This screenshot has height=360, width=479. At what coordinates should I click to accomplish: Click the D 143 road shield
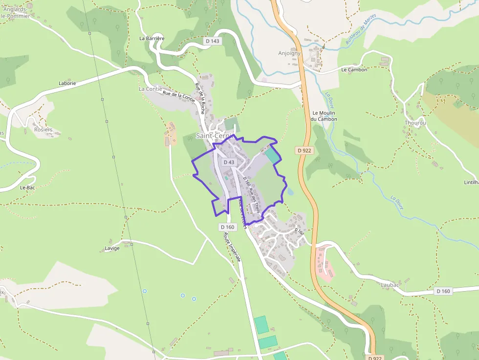click(x=213, y=42)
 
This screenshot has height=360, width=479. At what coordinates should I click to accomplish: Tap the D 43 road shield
click(x=229, y=162)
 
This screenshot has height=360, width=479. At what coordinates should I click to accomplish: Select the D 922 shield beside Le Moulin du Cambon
click(x=304, y=150)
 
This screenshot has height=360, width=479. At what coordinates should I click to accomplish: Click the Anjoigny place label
click(x=290, y=53)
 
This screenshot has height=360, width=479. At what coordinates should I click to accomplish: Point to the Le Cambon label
click(x=354, y=70)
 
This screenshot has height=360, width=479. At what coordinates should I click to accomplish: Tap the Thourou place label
click(x=415, y=123)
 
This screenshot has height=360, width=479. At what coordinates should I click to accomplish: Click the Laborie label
click(x=67, y=84)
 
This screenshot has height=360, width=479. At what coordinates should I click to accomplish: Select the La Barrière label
click(x=152, y=38)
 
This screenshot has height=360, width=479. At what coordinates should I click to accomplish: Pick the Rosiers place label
click(x=43, y=130)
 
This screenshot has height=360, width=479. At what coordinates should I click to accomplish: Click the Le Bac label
click(x=27, y=188)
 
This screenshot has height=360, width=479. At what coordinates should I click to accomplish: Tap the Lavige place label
click(x=112, y=248)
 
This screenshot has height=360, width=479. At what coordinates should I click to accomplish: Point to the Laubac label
click(x=390, y=284)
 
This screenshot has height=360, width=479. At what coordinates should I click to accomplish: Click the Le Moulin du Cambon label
click(x=325, y=116)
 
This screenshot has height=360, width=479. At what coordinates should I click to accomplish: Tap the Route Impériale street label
click(x=232, y=247)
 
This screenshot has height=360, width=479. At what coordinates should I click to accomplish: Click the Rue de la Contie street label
click(x=179, y=97)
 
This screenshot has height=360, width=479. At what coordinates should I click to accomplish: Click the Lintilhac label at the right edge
click(x=471, y=182)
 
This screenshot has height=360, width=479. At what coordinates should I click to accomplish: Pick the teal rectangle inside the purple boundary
click(x=273, y=155)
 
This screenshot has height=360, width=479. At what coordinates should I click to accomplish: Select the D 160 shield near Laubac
click(x=443, y=291)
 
